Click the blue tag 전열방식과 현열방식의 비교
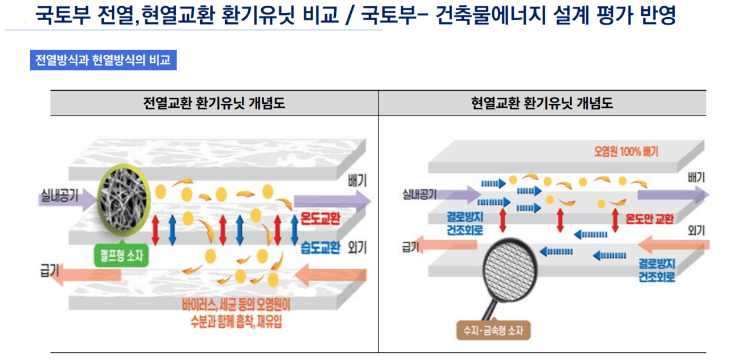[x=103, y=60]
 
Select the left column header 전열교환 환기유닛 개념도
[x=214, y=103]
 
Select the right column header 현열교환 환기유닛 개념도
[x=542, y=103]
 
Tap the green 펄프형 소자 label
[x=121, y=256]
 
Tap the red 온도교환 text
[x=319, y=219]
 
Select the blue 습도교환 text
[x=320, y=247]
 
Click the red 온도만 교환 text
[x=650, y=219]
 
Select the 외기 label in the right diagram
[x=696, y=230]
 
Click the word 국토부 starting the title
[x=61, y=15]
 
